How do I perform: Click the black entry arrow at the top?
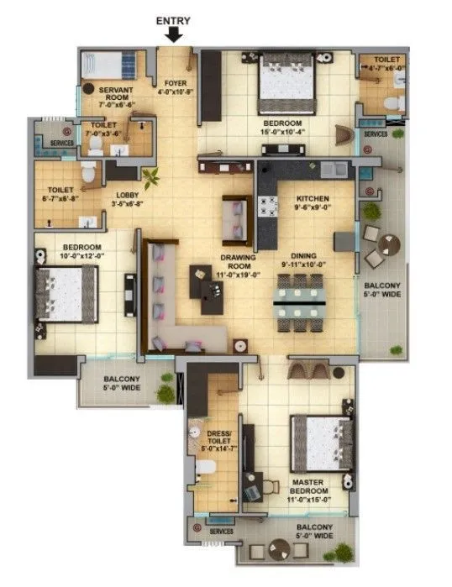click(x=174, y=34)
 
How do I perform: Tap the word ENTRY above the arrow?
click(x=174, y=20)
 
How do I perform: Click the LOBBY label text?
click(x=129, y=199)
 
